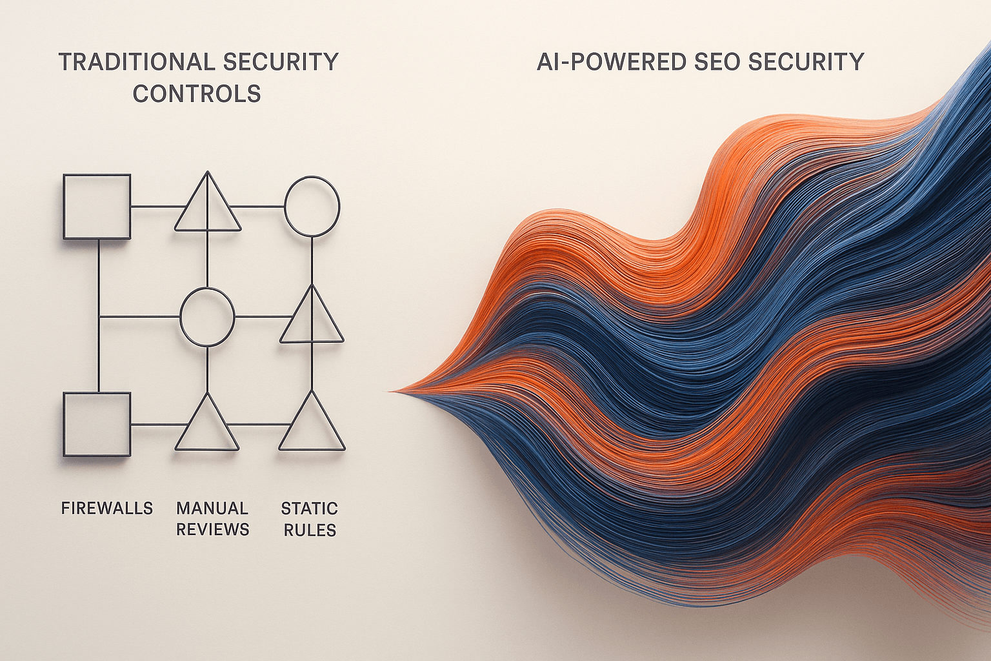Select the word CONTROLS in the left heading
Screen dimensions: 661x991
click(x=197, y=94)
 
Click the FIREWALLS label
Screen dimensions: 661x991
click(x=107, y=509)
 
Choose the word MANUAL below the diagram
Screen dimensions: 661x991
click(x=212, y=509)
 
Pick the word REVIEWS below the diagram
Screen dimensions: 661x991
click(x=213, y=530)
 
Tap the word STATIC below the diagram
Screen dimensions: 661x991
click(x=310, y=509)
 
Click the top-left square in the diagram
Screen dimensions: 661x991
click(x=97, y=207)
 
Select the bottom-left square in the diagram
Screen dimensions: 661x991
click(x=97, y=425)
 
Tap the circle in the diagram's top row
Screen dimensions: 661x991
click(x=312, y=207)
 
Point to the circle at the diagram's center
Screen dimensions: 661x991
click(x=207, y=317)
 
